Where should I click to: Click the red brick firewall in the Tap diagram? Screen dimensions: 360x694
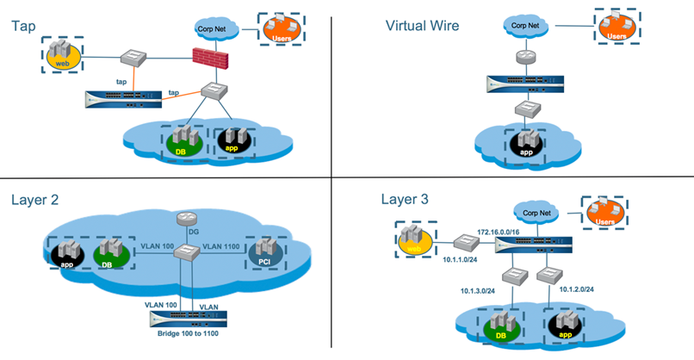pyautogui.click(x=208, y=59)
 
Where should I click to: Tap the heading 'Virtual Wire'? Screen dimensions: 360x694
pyautogui.click(x=421, y=25)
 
